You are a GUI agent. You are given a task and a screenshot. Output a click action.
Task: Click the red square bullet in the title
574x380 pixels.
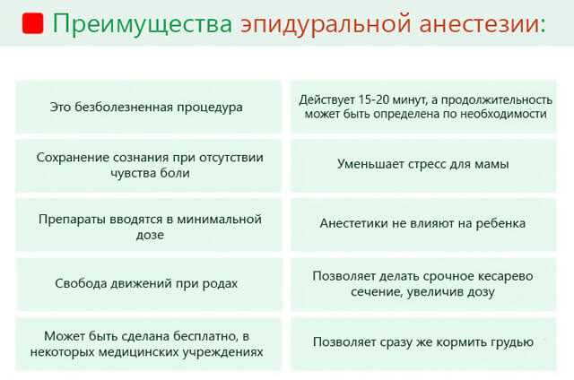coord(32,23)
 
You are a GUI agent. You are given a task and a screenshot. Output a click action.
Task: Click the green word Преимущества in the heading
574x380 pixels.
coord(143,24)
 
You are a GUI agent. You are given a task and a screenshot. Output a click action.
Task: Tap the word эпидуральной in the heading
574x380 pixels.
coord(326,24)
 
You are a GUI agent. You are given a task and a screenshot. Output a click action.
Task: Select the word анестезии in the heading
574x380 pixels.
coord(480,24)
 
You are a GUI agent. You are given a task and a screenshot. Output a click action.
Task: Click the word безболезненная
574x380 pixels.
coord(124,108)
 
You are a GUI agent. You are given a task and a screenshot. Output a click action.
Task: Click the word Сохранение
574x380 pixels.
coord(73,158)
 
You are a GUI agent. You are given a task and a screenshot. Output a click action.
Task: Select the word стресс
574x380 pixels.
coord(424,164)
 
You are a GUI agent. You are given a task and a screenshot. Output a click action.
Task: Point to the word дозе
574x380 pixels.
coord(150,235)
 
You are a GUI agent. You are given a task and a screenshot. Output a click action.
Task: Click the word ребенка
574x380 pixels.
coord(500,223)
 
